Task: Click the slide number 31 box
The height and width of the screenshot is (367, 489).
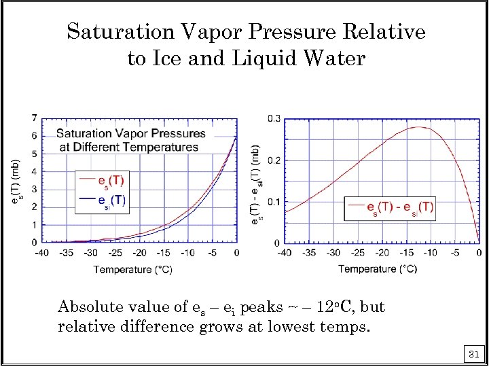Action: pos(474,354)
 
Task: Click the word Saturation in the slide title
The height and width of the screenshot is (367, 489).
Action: pos(112,32)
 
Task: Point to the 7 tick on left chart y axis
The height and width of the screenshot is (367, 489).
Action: pos(34,118)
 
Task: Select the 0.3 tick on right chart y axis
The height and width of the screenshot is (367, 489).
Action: pos(273,119)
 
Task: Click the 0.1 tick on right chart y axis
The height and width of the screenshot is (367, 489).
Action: pos(273,202)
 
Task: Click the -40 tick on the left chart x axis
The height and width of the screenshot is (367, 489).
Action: pos(43,253)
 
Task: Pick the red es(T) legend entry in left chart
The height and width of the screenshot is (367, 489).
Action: pos(102,181)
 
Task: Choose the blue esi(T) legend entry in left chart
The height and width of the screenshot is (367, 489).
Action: pos(102,200)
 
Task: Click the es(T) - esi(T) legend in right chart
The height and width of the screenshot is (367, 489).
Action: pos(391,208)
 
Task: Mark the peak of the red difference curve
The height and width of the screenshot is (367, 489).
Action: pos(419,127)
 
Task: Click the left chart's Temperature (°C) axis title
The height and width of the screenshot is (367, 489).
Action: pos(132,270)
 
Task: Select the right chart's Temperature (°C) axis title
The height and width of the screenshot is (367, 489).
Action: pos(378,269)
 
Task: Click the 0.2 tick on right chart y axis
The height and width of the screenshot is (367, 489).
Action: pos(273,160)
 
